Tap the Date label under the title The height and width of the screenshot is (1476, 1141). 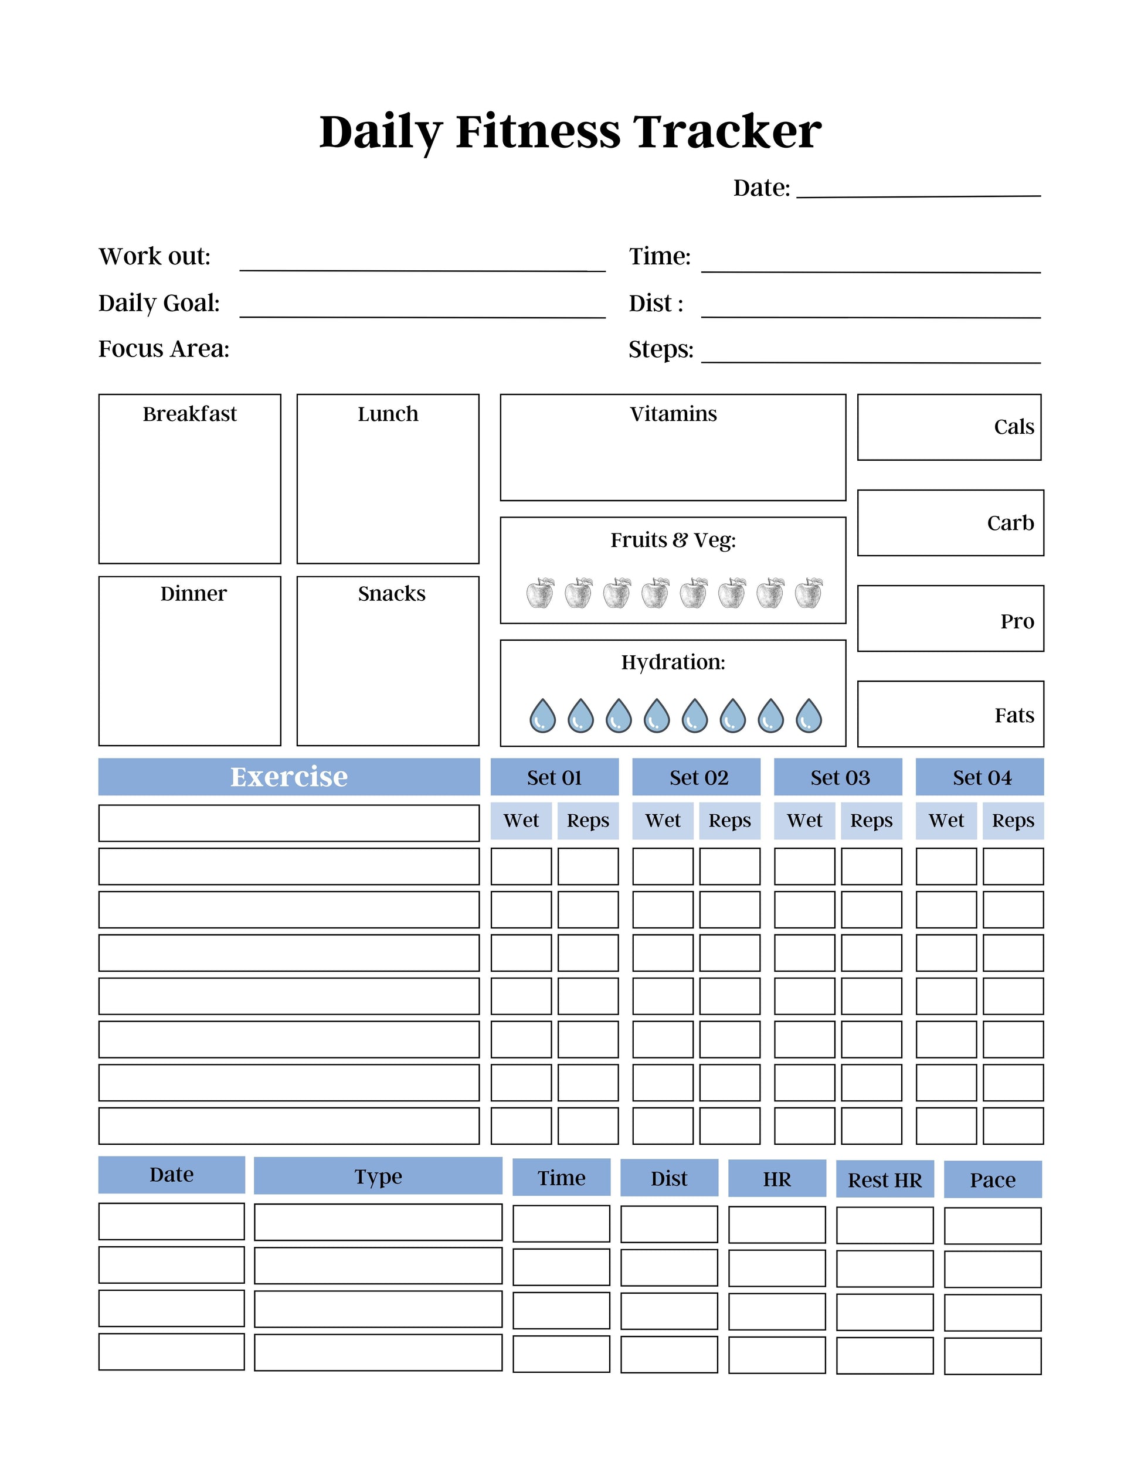click(761, 188)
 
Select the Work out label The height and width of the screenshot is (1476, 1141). click(155, 257)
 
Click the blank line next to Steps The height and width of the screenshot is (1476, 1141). click(871, 356)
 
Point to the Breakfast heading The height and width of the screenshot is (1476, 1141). click(190, 414)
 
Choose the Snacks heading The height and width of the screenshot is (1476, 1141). click(391, 593)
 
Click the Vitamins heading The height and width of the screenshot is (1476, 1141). click(673, 414)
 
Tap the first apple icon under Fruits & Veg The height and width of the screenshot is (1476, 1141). click(540, 593)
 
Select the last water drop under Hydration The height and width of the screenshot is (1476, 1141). click(809, 716)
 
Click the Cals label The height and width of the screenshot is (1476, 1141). click(1013, 427)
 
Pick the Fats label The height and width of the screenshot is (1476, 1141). click(1014, 715)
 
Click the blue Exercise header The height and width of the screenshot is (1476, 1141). click(289, 777)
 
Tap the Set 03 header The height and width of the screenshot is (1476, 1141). click(840, 778)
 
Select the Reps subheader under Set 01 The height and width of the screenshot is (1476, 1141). click(588, 821)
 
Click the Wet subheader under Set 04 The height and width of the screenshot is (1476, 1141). click(946, 821)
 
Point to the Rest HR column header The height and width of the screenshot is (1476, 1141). click(885, 1180)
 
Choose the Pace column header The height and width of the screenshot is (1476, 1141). click(992, 1180)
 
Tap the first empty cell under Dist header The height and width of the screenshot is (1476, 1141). click(668, 1224)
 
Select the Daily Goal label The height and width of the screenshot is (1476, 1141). click(159, 303)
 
